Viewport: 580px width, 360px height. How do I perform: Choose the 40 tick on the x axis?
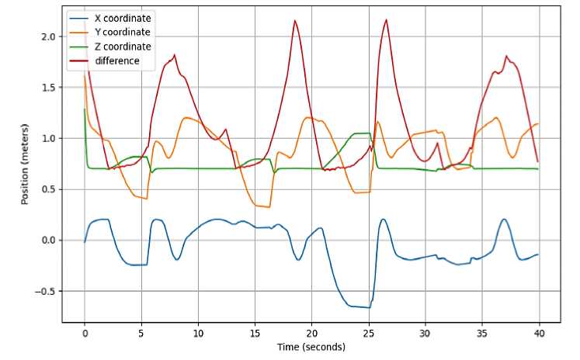click(x=538, y=334)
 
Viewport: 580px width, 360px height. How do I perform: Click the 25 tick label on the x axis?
click(x=368, y=334)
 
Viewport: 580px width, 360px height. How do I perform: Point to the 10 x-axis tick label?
click(x=198, y=334)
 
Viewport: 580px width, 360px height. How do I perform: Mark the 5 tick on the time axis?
click(x=141, y=334)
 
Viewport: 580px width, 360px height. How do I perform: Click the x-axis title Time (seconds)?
click(x=311, y=347)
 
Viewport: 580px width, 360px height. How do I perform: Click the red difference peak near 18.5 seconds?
click(x=295, y=21)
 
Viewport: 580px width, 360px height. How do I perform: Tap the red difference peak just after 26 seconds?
click(x=386, y=20)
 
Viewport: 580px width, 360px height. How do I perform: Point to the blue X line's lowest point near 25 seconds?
click(x=368, y=307)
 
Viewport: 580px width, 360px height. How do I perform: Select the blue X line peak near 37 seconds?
click(x=504, y=220)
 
